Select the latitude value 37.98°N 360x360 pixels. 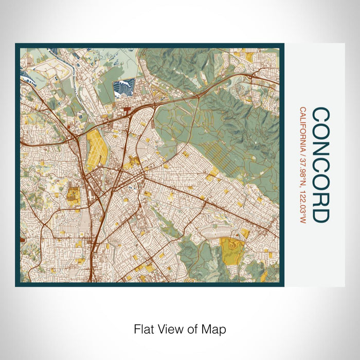(303, 175)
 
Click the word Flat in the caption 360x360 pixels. (144, 328)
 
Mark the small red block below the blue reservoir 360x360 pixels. (127, 109)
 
